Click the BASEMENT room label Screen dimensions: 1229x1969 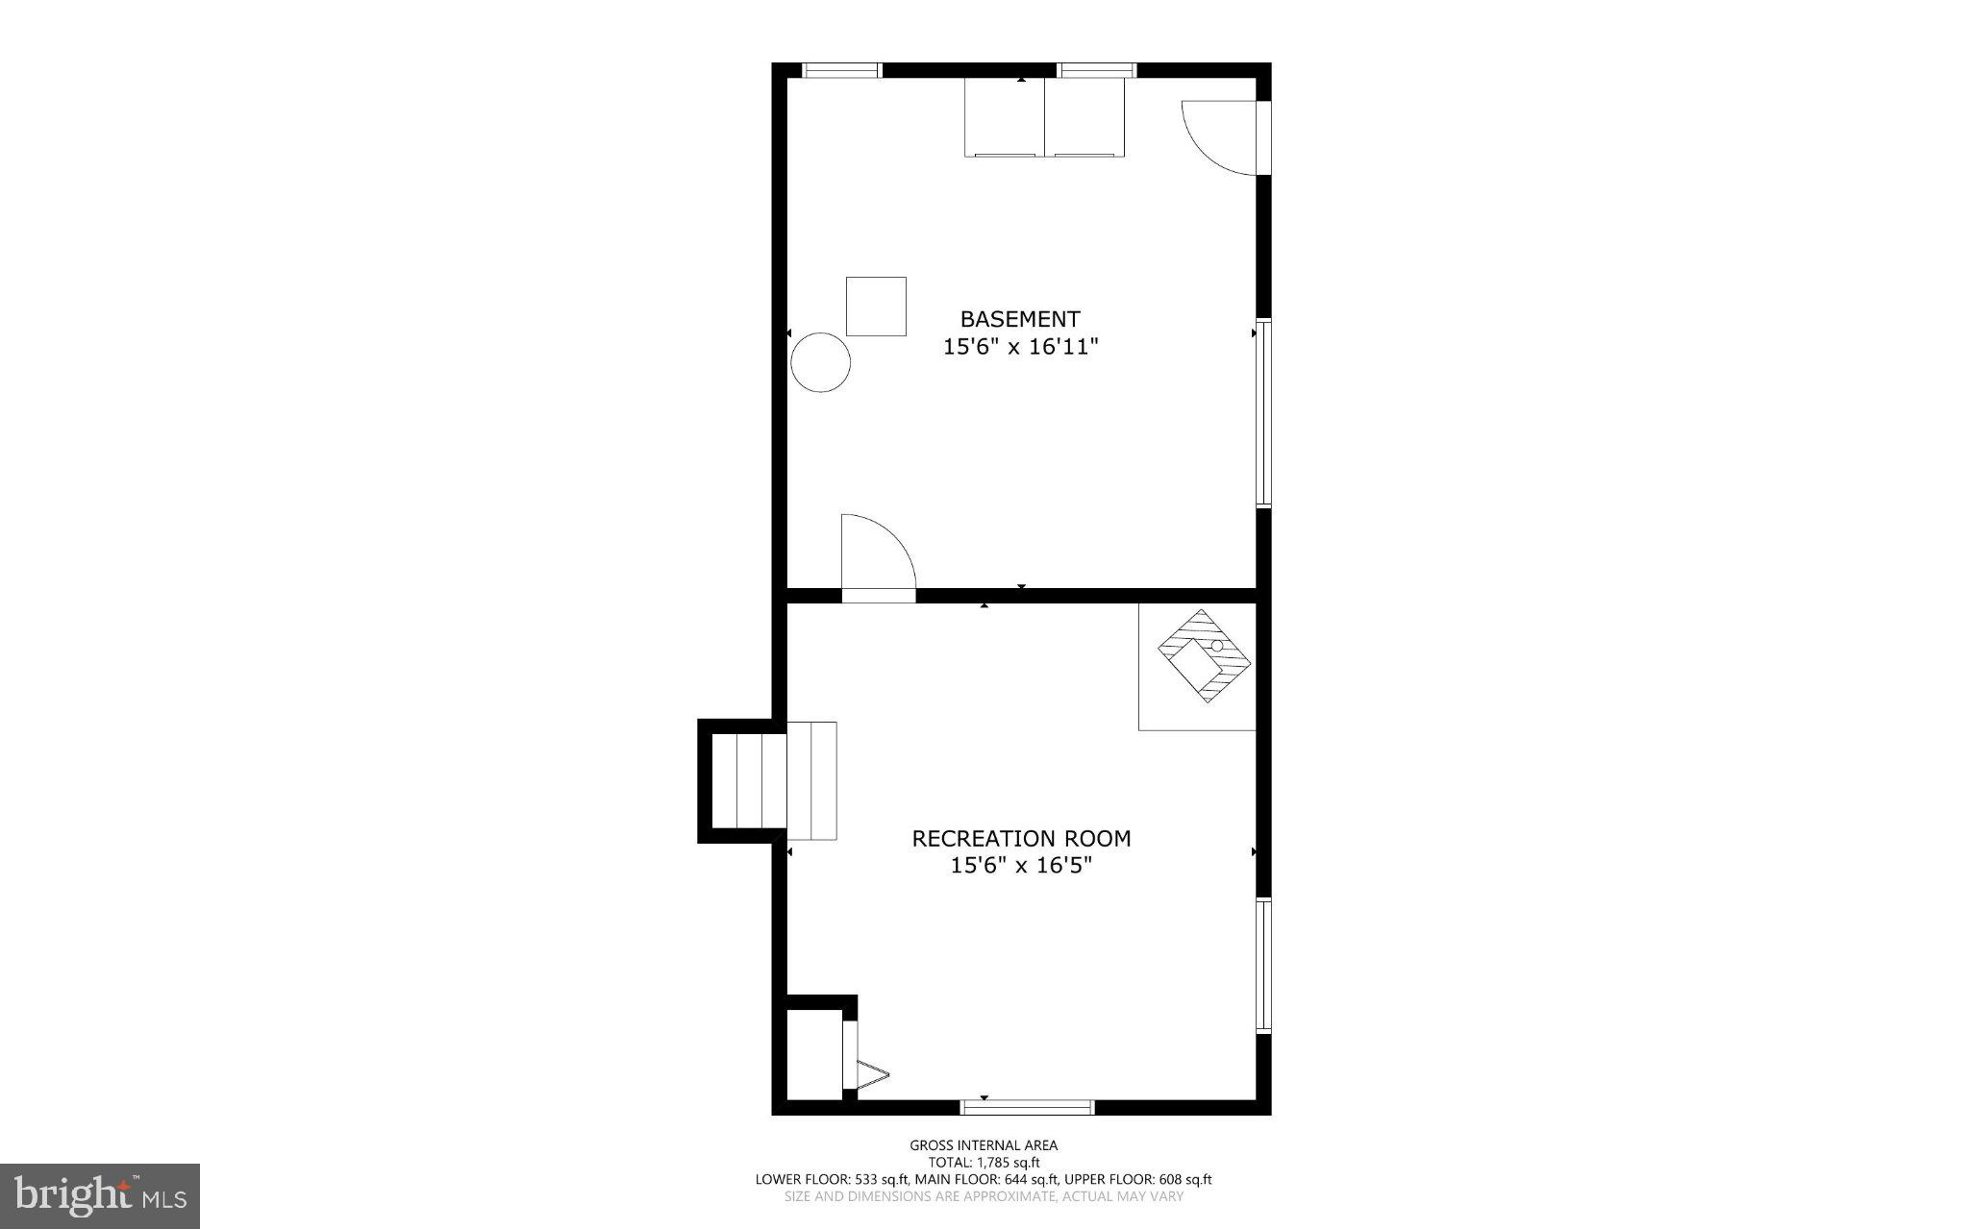pos(1020,319)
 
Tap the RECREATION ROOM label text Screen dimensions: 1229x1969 pos(1021,839)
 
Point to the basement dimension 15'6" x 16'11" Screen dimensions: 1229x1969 pos(1020,347)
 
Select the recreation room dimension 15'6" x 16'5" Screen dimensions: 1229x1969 pos(1021,866)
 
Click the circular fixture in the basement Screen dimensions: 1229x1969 pos(821,362)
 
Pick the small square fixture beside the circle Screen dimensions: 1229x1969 pos(876,307)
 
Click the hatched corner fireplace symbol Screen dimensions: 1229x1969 pos(1204,656)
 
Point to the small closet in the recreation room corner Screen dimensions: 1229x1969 pos(814,1053)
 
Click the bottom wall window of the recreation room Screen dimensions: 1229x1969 pos(1028,1107)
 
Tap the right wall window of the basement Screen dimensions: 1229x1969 pos(1264,412)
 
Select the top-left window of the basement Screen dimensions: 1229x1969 pos(842,70)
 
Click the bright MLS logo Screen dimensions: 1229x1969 pos(100,1195)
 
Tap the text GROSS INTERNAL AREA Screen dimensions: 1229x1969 pos(984,1145)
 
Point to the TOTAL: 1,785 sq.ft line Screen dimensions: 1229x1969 pos(984,1163)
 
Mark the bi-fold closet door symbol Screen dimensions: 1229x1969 pos(870,1074)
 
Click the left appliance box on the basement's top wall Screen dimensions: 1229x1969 pos(1005,117)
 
